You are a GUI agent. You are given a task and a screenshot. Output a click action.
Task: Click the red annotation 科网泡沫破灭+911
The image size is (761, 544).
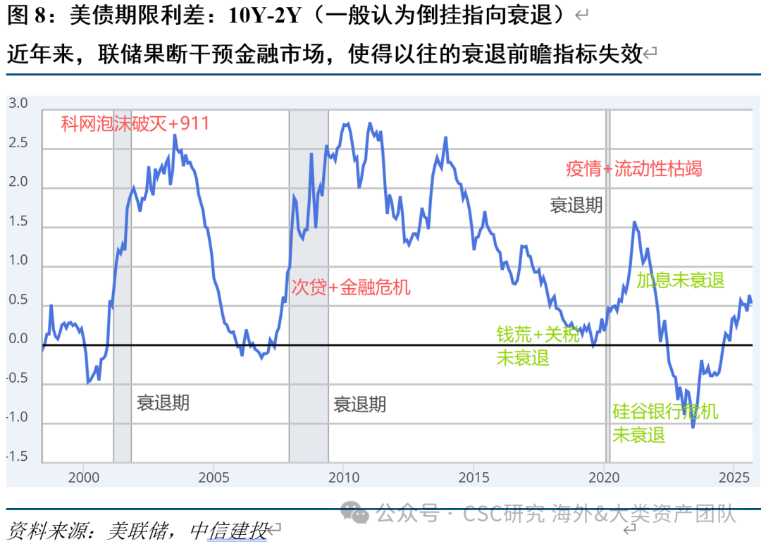[x=135, y=124]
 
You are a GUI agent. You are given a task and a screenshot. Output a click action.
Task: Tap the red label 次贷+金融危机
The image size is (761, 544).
[x=350, y=287]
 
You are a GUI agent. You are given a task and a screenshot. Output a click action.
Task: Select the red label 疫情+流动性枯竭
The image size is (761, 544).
[x=633, y=169]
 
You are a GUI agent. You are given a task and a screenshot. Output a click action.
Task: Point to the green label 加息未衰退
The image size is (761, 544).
[x=680, y=280]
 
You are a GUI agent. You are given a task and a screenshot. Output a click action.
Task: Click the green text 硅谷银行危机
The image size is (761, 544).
[x=664, y=412]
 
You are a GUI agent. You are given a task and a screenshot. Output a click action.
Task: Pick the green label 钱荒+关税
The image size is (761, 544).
[x=538, y=335]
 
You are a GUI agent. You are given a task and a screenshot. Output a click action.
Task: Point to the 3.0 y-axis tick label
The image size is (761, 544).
[x=18, y=104]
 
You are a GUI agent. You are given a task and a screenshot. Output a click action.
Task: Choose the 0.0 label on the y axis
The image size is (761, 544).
[x=18, y=339]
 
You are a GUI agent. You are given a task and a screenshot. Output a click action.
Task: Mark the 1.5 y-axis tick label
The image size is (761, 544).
[x=18, y=221]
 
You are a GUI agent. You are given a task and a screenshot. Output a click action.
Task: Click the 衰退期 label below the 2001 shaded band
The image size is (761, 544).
[x=163, y=403]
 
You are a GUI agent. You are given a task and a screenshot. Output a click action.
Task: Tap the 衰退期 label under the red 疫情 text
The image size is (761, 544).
[x=576, y=205]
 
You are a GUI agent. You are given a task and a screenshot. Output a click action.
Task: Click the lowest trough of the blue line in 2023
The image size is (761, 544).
[x=693, y=426]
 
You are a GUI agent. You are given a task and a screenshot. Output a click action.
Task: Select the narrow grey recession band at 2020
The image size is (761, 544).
[x=607, y=282]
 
